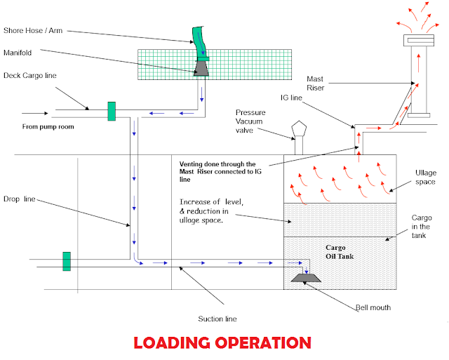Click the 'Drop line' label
(x=20, y=199)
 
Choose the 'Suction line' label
(x=219, y=319)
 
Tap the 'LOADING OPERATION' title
(x=222, y=343)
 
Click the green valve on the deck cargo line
(x=111, y=111)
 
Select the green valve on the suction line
(x=67, y=261)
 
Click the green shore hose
(x=197, y=41)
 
